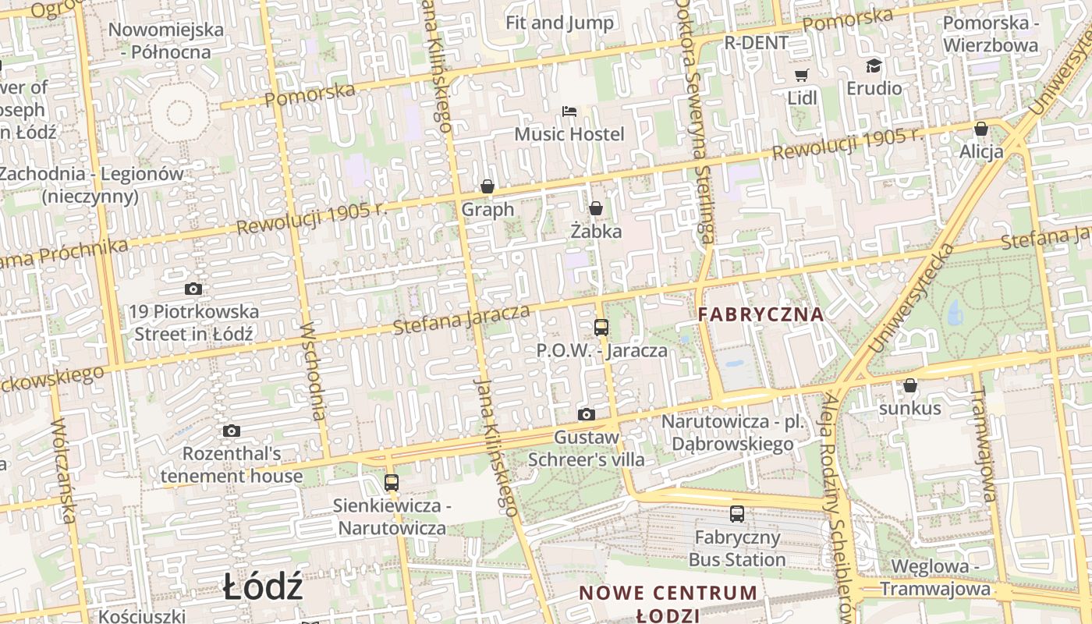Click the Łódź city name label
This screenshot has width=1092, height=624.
click(x=262, y=587)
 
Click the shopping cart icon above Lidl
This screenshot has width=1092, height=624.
click(x=801, y=75)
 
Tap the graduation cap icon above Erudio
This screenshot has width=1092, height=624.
click(x=874, y=66)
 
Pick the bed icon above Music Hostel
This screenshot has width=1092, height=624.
click(x=569, y=112)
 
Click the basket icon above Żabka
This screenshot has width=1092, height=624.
click(x=596, y=208)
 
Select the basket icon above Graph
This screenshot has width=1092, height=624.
click(x=487, y=186)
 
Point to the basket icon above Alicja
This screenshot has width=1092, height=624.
click(x=981, y=129)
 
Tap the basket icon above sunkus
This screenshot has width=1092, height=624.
click(x=909, y=385)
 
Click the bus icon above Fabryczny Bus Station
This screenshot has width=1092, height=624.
click(x=737, y=513)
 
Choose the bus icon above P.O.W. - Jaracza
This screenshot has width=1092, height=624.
click(x=601, y=327)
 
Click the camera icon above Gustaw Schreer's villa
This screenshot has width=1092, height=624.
click(x=587, y=414)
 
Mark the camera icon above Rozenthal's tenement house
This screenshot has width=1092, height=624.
click(x=232, y=431)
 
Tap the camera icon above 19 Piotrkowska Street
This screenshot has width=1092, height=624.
click(x=193, y=289)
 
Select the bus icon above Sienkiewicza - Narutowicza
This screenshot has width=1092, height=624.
click(x=392, y=482)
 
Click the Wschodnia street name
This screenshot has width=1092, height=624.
click(x=314, y=370)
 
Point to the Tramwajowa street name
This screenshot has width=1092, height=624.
click(x=985, y=446)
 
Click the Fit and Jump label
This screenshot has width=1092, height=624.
click(x=559, y=23)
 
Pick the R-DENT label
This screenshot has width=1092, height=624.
click(x=757, y=43)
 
